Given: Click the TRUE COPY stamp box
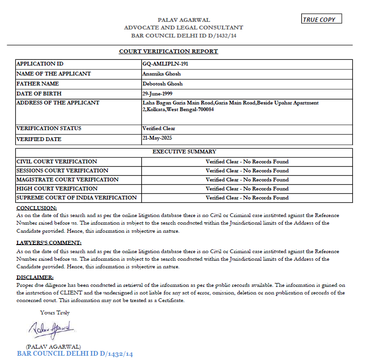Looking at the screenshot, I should [321, 19].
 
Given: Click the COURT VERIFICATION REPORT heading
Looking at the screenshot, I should [168, 51].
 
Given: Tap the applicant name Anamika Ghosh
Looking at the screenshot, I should [161, 74].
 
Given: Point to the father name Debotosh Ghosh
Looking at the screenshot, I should [162, 84].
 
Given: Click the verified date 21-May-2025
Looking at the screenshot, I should [157, 138].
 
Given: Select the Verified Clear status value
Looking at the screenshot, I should [159, 128].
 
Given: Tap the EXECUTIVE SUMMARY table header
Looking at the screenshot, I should [184, 152].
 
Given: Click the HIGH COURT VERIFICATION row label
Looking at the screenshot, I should [57, 189].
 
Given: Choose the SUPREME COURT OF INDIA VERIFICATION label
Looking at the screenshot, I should [76, 198].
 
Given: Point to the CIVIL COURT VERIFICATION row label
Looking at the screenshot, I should [56, 161].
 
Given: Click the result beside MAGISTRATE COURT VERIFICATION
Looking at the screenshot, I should [247, 180].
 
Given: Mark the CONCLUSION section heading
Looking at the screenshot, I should [37, 208].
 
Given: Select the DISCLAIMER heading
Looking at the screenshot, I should [35, 277].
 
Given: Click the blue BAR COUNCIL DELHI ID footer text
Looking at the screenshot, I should [75, 354].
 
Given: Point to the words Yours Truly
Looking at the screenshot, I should [55, 313].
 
